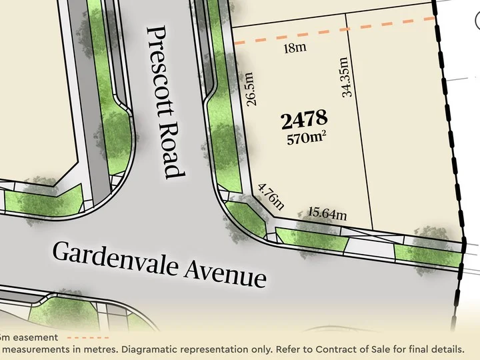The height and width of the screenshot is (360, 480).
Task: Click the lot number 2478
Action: tap(304, 120)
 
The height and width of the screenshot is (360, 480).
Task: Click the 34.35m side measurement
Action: tap(346, 78)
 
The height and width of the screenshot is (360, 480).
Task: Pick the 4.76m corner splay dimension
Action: tap(271, 197)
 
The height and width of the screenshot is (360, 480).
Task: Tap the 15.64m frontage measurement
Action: tap(328, 214)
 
